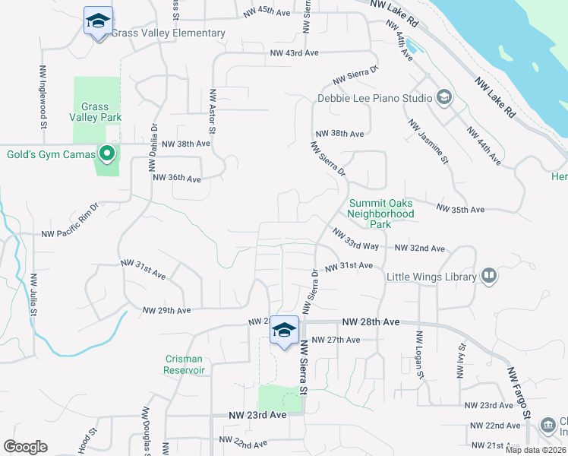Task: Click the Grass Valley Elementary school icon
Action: pyautogui.click(x=98, y=21)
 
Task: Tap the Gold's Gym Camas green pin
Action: pyautogui.click(x=106, y=155)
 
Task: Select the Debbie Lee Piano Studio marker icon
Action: pyautogui.click(x=444, y=97)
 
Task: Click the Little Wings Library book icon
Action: pyautogui.click(x=490, y=276)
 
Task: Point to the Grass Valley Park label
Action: pyautogui.click(x=95, y=112)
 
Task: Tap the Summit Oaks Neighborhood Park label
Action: pyautogui.click(x=381, y=214)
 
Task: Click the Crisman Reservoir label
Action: pyautogui.click(x=185, y=364)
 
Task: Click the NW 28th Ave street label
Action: pyautogui.click(x=371, y=322)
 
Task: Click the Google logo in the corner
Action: pyautogui.click(x=25, y=447)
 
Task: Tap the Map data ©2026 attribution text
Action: pyautogui.click(x=535, y=450)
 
